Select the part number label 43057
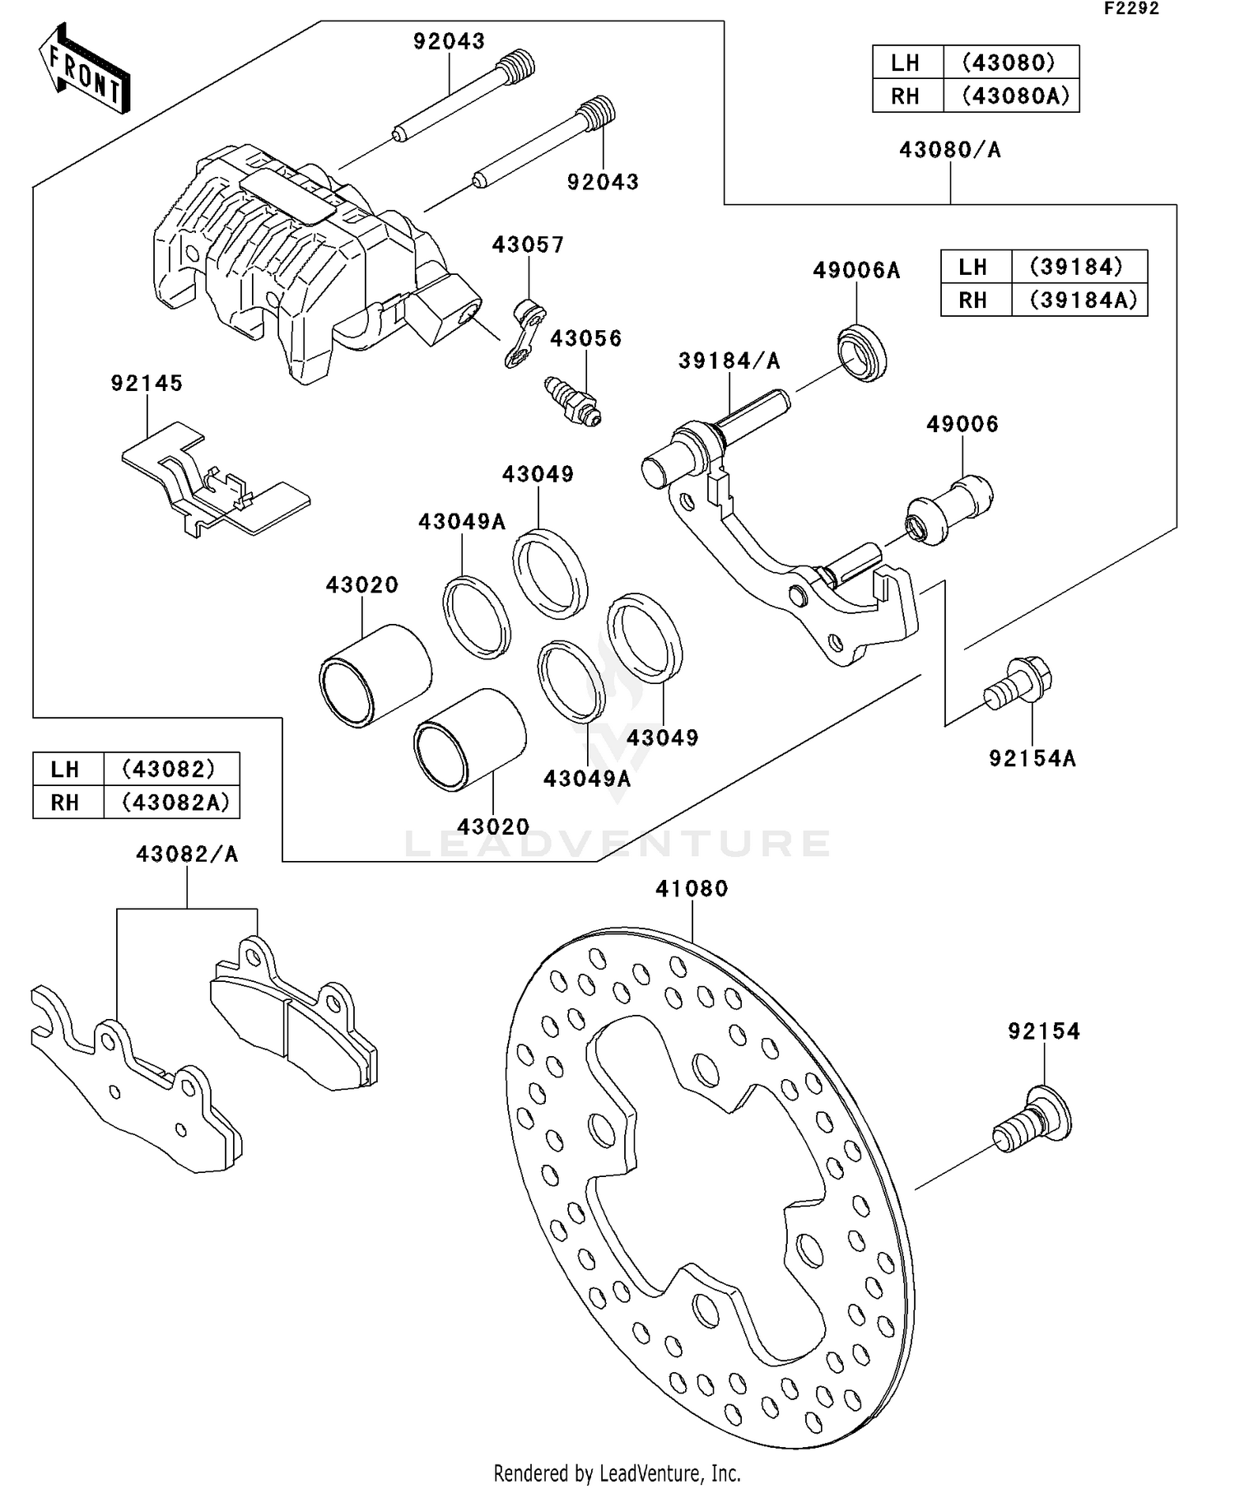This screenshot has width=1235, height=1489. [x=528, y=245]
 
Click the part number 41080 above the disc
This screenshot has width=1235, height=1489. [x=692, y=889]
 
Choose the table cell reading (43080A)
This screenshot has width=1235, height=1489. [x=1016, y=96]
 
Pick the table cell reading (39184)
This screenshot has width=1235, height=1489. [x=1077, y=267]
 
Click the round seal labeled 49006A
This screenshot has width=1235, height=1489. [x=863, y=353]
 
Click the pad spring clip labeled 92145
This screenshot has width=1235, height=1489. [x=215, y=482]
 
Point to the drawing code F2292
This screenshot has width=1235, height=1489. [x=1131, y=9]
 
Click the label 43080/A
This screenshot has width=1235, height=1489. [x=950, y=150]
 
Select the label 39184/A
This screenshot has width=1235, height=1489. [x=729, y=361]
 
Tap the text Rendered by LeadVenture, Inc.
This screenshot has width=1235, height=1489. [x=617, y=1473]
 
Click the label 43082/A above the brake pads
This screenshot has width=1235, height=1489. [x=187, y=854]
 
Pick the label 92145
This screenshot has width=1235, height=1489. [x=147, y=383]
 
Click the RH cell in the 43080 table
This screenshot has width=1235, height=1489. [x=906, y=96]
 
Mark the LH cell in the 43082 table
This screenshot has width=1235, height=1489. [x=66, y=770]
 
